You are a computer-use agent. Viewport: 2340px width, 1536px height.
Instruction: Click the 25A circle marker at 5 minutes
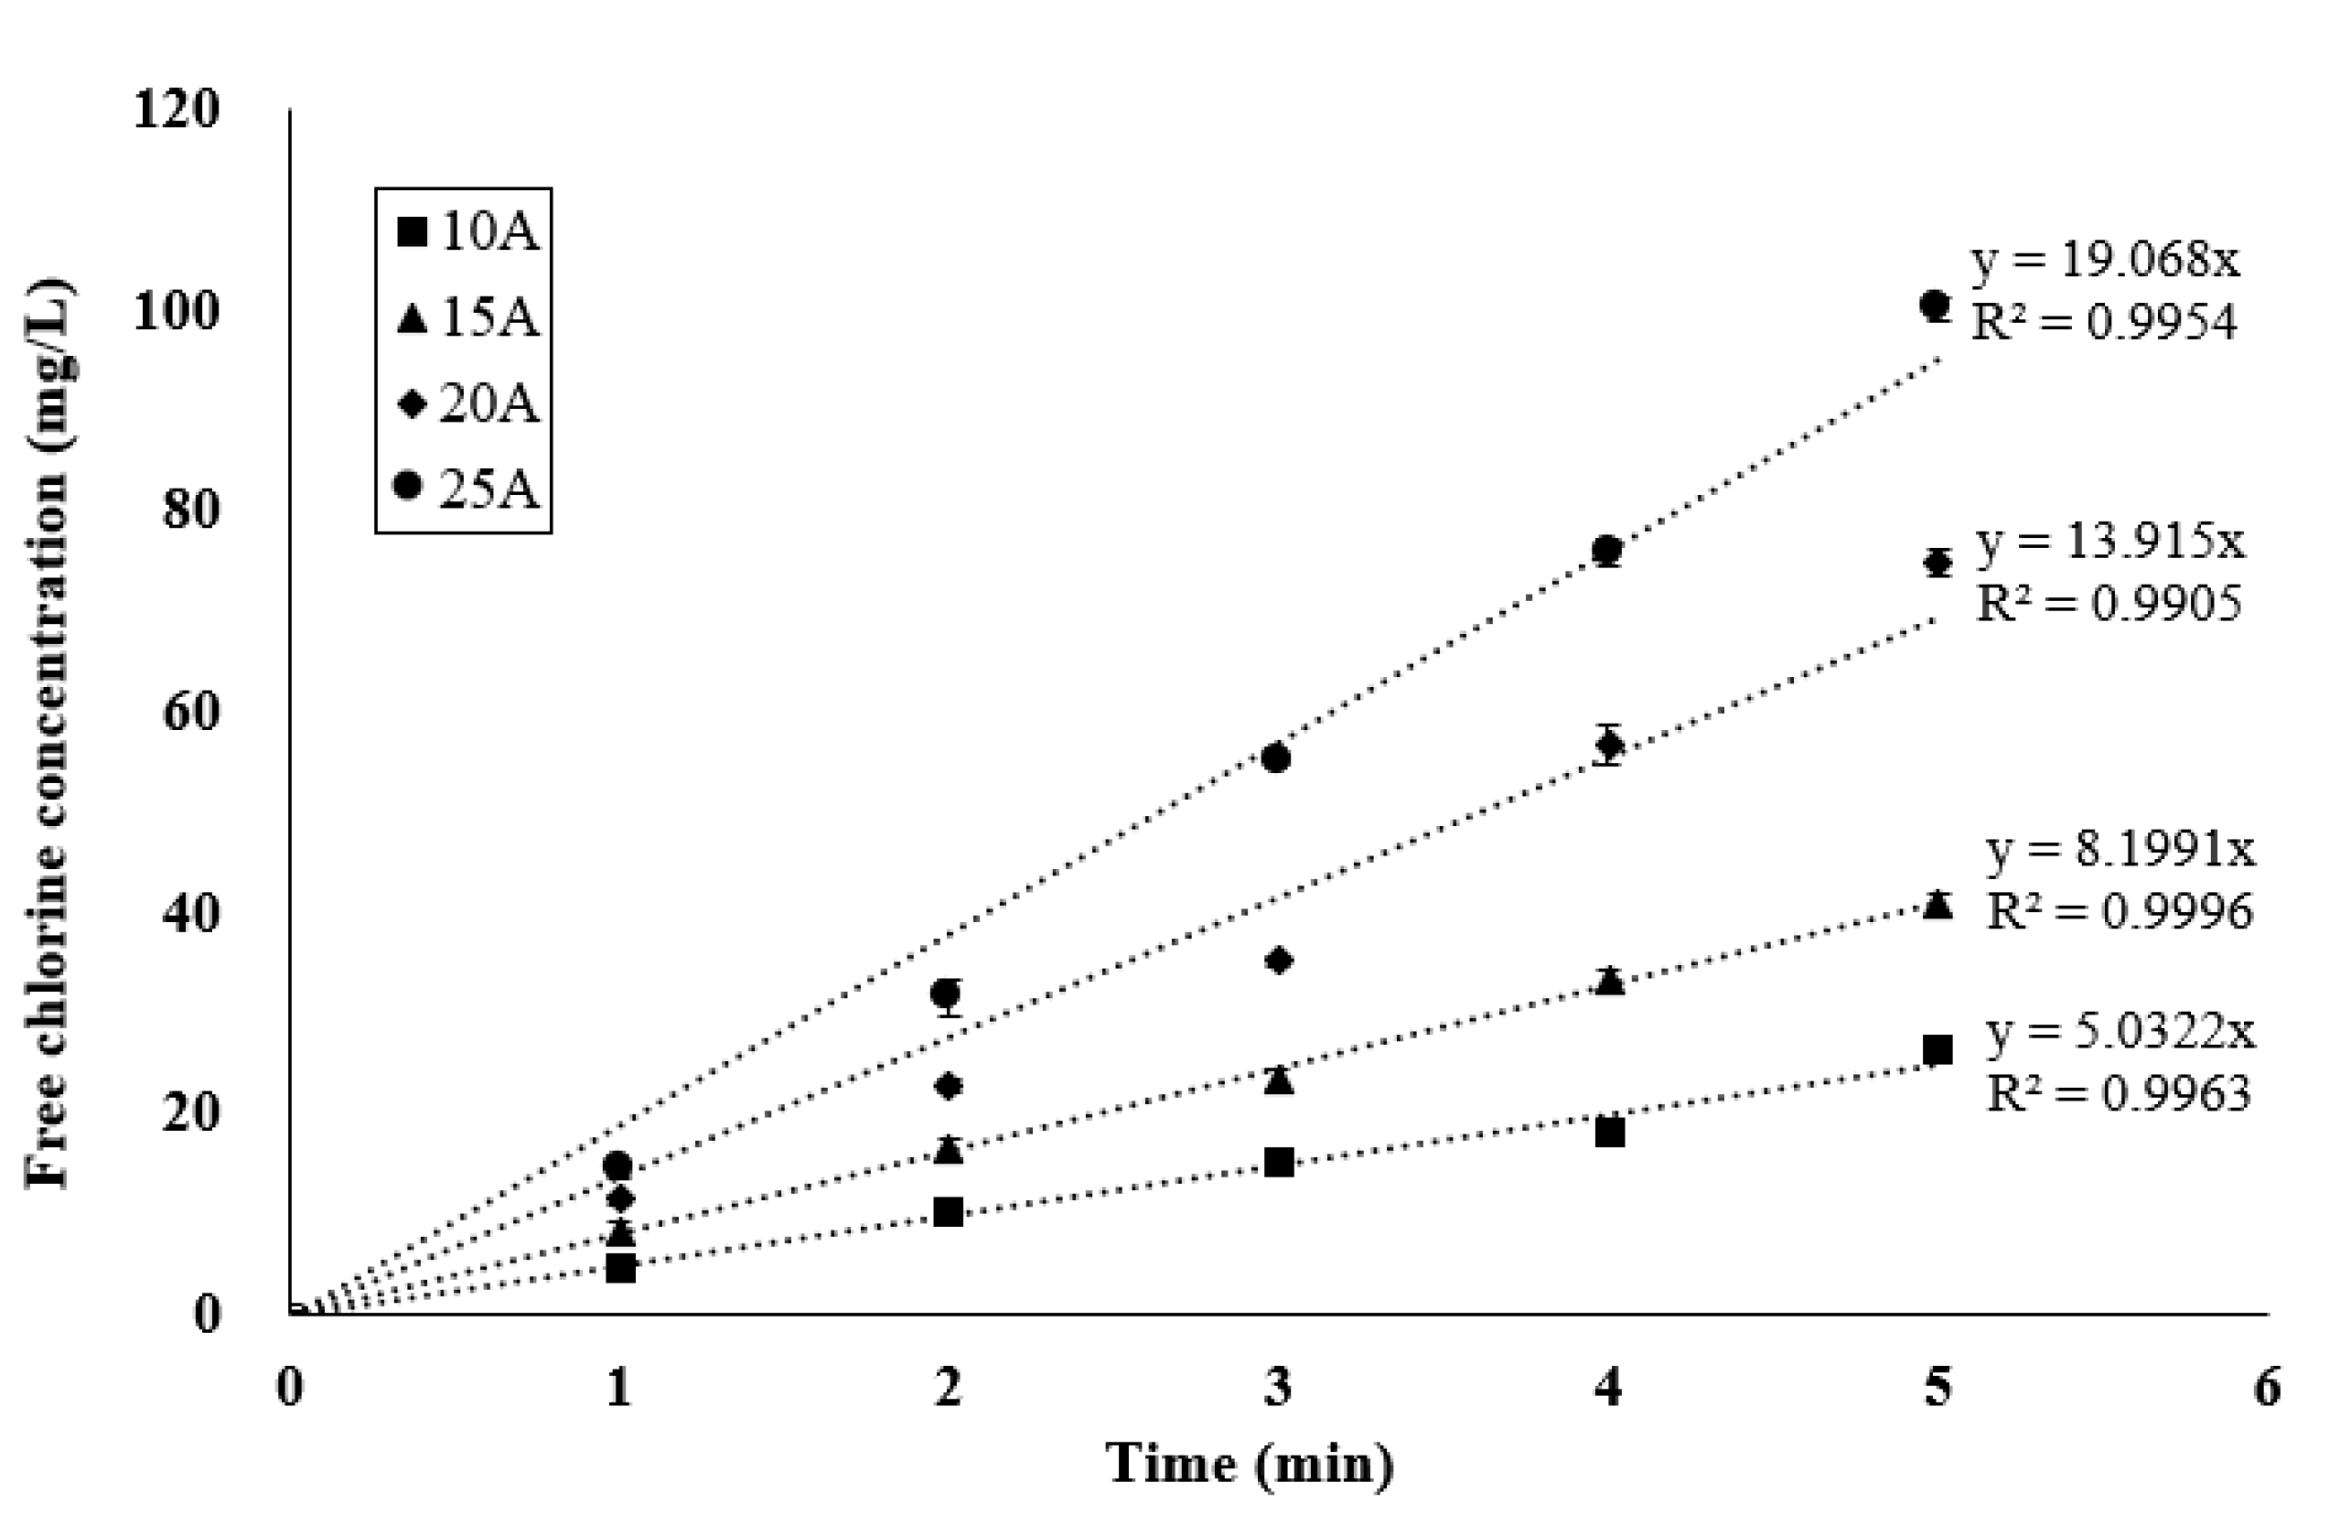click(x=1935, y=305)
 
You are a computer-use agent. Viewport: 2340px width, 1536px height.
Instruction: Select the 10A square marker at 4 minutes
click(x=1609, y=1132)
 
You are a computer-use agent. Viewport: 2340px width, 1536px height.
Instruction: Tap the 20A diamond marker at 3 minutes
click(x=1278, y=960)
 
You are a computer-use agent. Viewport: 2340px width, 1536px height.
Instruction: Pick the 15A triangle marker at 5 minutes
click(x=1937, y=904)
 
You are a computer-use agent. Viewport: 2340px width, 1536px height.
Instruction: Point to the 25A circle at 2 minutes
click(x=946, y=993)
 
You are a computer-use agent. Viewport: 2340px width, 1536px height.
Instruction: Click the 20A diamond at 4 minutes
click(x=1608, y=745)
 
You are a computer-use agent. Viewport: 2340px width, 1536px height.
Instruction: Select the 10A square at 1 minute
click(x=620, y=1269)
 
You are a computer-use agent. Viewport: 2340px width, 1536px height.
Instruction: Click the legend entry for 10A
click(x=466, y=232)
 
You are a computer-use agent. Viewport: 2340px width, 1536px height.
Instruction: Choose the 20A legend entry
click(x=466, y=403)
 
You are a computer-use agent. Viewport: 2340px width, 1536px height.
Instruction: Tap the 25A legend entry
click(x=466, y=488)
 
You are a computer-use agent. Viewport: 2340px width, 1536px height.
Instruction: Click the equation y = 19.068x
click(x=2104, y=260)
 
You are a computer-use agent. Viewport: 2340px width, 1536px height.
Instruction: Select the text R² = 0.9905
click(x=2109, y=603)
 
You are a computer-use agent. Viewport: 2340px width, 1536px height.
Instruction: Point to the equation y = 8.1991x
click(x=2120, y=850)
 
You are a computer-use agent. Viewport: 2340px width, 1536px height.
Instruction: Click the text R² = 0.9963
click(x=2119, y=1092)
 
